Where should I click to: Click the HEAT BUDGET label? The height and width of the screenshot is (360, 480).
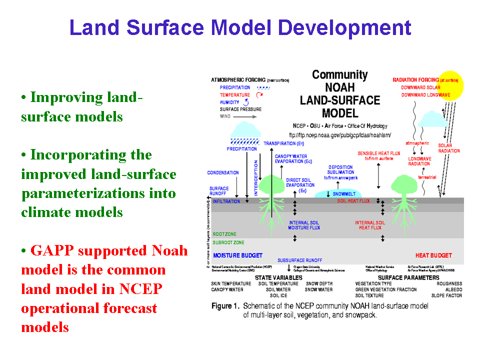(x=433, y=255)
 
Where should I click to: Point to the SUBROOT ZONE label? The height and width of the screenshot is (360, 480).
(x=228, y=243)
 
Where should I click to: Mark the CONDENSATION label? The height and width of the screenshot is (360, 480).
(x=223, y=173)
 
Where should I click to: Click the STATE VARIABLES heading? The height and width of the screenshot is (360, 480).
(x=278, y=277)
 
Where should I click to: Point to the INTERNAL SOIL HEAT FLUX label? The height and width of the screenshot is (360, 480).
(x=370, y=225)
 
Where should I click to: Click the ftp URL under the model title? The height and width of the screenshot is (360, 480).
(x=340, y=135)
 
